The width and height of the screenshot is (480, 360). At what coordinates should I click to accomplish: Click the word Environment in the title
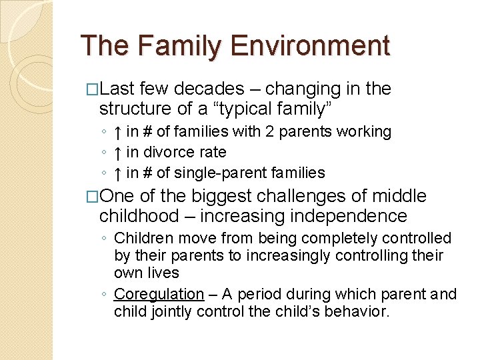pos(310,47)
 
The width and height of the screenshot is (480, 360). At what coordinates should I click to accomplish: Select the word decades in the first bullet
pos(205,89)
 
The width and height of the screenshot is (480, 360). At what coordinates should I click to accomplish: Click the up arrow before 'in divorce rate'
pos(117,153)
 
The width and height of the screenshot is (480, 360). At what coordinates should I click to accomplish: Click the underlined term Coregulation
pos(159,294)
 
